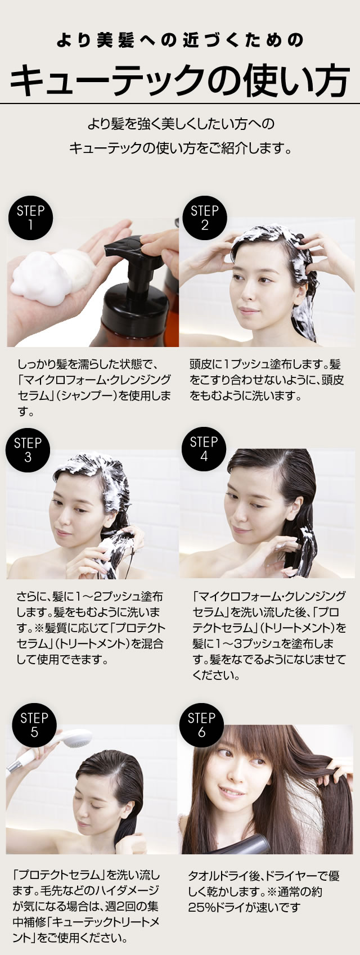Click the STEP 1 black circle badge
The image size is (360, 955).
click(30, 218)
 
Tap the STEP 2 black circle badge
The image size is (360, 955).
click(204, 218)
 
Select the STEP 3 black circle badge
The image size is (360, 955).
click(28, 449)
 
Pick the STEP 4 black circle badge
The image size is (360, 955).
click(204, 449)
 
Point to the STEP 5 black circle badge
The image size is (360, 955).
click(34, 725)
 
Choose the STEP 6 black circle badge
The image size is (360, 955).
click(201, 725)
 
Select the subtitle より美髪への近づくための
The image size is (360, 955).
click(180, 40)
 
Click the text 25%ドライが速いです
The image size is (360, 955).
click(244, 907)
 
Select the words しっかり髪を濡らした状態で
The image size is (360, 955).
click(90, 364)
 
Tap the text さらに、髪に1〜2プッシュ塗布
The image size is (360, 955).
click(90, 596)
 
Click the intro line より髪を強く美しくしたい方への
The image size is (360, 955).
click(180, 123)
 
